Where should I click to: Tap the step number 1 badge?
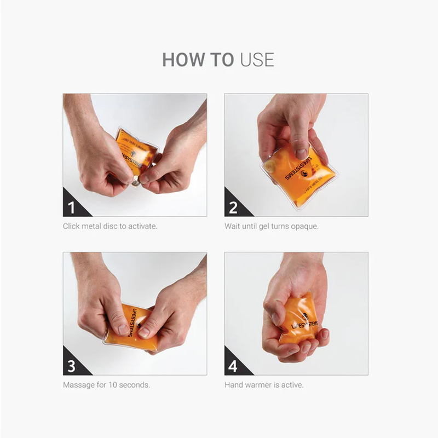click(72, 207)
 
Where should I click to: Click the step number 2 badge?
click(233, 207)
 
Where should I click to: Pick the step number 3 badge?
click(72, 366)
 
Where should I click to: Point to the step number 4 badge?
click(233, 366)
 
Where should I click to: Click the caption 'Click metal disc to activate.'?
click(110, 226)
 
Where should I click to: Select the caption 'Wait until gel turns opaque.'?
click(272, 226)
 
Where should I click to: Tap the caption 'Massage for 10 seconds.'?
click(106, 385)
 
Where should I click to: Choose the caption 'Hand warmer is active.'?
click(264, 385)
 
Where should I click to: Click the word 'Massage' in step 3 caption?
click(78, 385)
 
